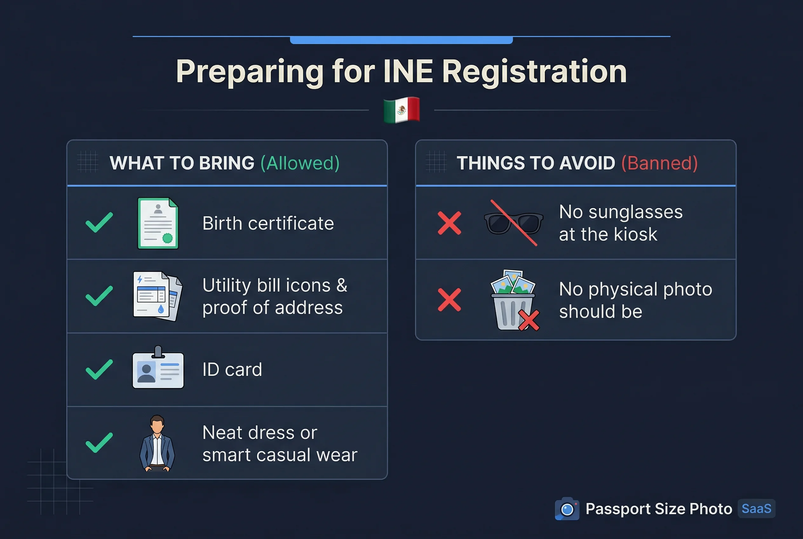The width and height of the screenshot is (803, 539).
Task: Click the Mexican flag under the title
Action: [401, 110]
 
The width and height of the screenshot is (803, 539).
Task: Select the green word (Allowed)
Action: [300, 163]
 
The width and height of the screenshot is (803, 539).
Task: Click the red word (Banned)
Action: [659, 163]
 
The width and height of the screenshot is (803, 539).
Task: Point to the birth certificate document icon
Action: [158, 223]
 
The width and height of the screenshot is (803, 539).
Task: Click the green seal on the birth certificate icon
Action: [167, 238]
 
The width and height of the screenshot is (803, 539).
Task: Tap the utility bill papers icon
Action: [157, 296]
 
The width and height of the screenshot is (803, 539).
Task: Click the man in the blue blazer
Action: [157, 443]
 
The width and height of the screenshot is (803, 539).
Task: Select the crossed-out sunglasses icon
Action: [513, 223]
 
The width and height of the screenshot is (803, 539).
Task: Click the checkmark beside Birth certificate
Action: [99, 222]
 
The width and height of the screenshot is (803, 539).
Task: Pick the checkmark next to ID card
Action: [99, 369]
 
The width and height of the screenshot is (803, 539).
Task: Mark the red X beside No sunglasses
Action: [449, 223]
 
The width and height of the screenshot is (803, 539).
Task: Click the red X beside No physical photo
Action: [449, 300]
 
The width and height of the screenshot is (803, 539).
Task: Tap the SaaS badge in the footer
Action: [756, 508]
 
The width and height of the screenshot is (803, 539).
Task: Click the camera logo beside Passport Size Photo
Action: [567, 509]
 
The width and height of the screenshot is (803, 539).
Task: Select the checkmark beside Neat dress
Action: [99, 442]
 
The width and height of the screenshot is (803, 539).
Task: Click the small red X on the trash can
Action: [529, 320]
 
